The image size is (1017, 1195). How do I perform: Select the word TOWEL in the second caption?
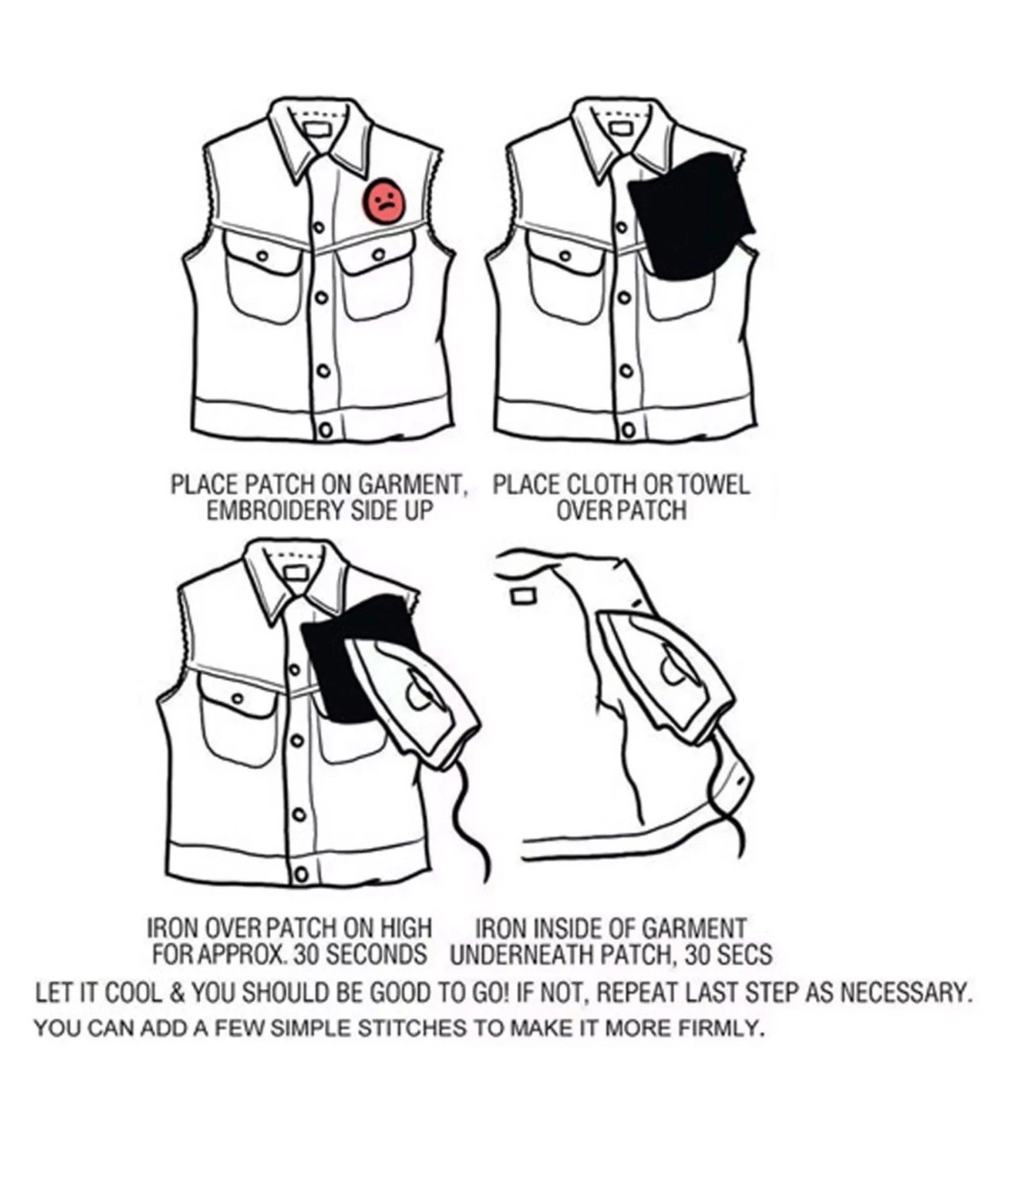point(713,485)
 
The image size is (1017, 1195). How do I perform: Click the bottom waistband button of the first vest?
point(324,430)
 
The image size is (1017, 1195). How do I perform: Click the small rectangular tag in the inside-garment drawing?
point(523,596)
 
